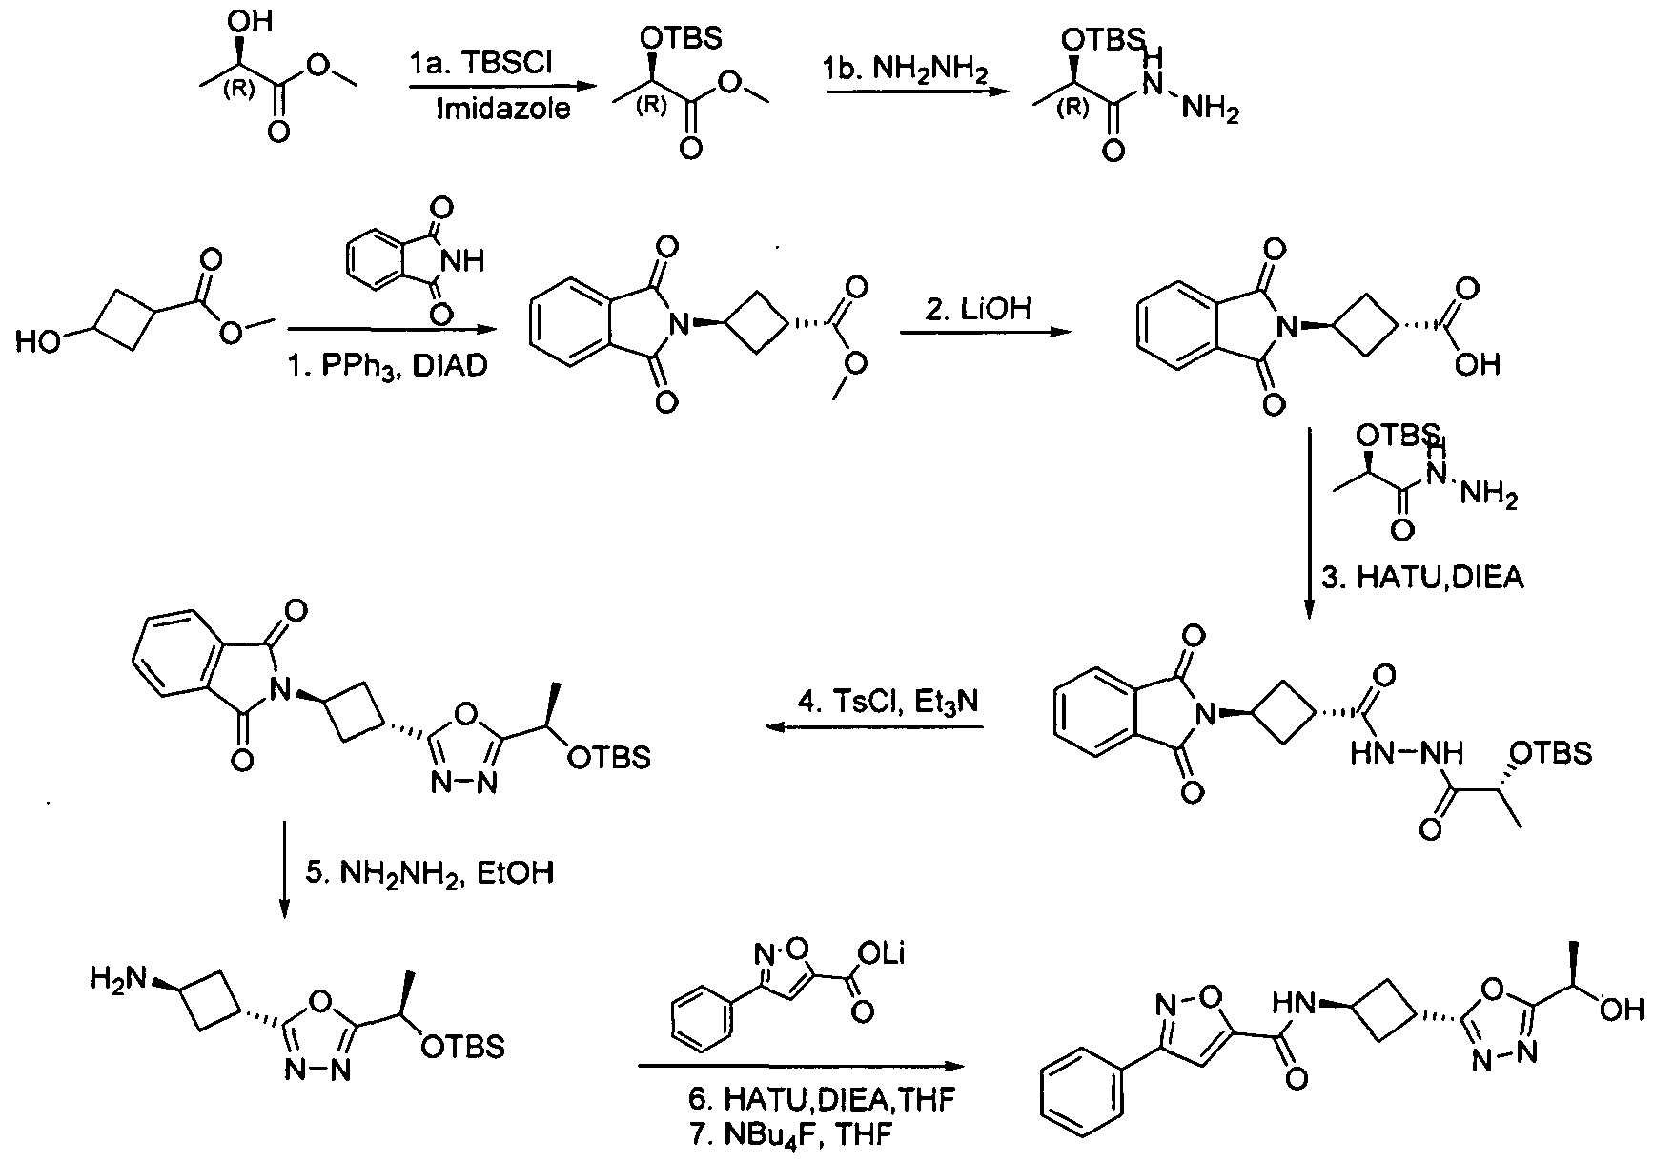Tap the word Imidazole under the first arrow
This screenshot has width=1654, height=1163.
[x=502, y=109]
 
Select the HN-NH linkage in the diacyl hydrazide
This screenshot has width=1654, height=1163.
[x=1405, y=753]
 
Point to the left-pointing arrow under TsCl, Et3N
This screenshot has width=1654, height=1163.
[x=874, y=728]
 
